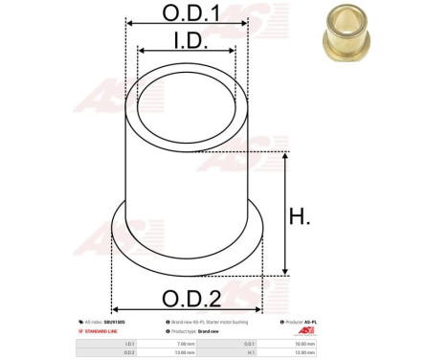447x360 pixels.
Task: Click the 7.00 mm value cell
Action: (x=185, y=343)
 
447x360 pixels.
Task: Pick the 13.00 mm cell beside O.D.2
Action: (x=185, y=352)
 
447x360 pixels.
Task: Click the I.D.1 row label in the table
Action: (x=131, y=343)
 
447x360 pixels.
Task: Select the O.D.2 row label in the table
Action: (x=131, y=352)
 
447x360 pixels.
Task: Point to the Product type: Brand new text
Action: (x=195, y=330)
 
